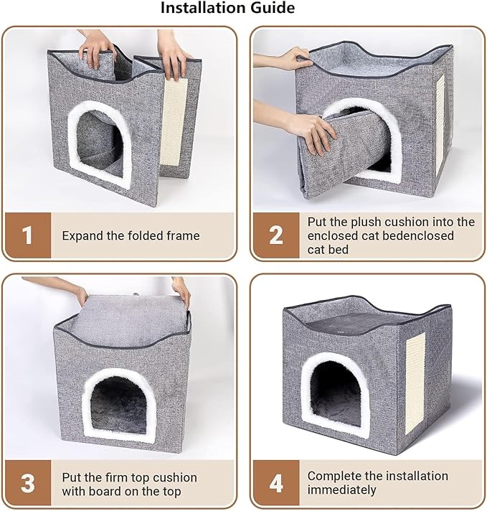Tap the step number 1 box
(x=27, y=235)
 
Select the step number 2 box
(x=275, y=235)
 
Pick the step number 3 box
(x=27, y=483)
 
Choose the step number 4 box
(x=275, y=483)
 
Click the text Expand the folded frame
(x=131, y=235)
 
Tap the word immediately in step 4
(x=341, y=490)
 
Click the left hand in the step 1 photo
(x=95, y=47)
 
